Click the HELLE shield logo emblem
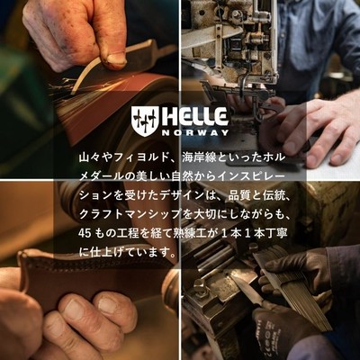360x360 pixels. point(144,121)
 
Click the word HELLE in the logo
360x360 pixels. point(194,117)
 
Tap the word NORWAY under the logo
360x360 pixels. point(195,133)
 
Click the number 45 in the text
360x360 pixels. point(85,233)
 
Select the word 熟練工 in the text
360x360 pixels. point(184,233)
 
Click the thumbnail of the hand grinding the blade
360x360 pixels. point(89,89)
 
